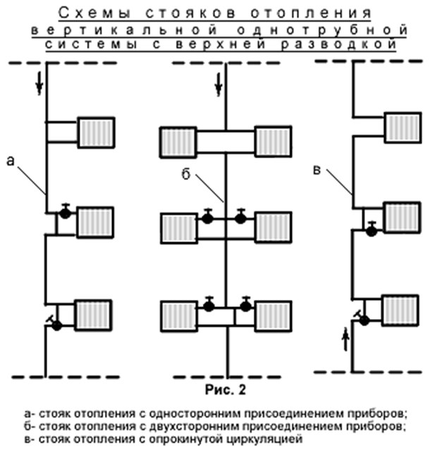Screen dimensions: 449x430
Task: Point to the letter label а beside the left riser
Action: pyautogui.click(x=10, y=160)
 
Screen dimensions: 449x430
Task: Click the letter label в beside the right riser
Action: pyautogui.click(x=318, y=169)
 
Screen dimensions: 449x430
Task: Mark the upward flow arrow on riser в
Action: pyautogui.click(x=345, y=340)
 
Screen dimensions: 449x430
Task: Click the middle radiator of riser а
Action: pyautogui.click(x=94, y=220)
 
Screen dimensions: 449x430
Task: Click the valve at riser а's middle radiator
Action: pyautogui.click(x=65, y=212)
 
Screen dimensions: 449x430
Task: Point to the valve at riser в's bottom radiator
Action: pyautogui.click(x=364, y=320)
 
